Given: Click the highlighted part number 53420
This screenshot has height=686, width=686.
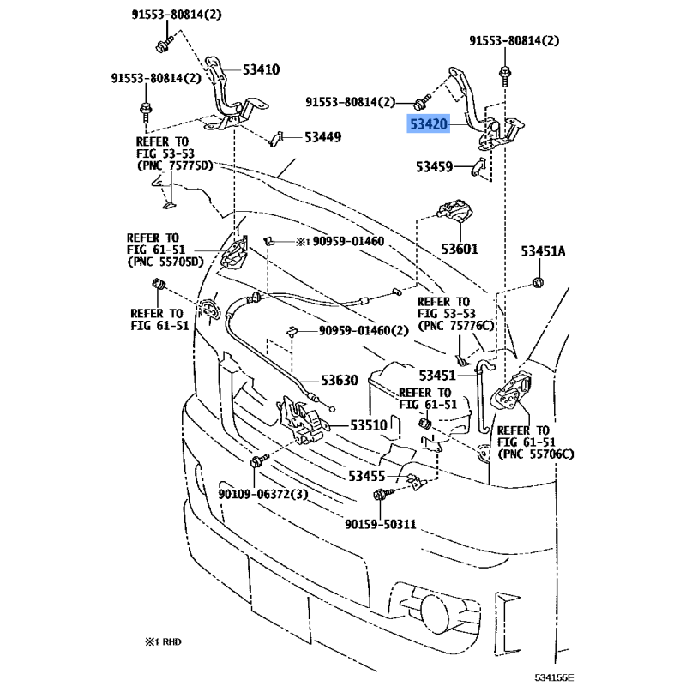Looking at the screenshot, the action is [x=429, y=124].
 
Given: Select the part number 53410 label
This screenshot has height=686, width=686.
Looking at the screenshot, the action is [x=262, y=69].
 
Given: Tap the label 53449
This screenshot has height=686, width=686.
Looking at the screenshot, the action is [x=323, y=137].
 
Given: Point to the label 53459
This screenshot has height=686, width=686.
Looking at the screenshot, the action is [x=434, y=166].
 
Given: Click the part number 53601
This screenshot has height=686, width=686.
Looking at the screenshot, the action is [x=460, y=249].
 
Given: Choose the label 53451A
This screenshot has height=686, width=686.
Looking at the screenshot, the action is [x=543, y=251].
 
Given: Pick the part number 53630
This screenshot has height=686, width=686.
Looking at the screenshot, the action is [x=340, y=380].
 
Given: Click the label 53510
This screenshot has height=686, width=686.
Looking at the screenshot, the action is [x=369, y=425].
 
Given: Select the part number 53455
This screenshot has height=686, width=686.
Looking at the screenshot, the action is [x=367, y=476].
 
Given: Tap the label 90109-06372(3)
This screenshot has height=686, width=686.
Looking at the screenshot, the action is [x=263, y=495].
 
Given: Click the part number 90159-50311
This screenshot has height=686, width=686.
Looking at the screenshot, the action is [x=381, y=524].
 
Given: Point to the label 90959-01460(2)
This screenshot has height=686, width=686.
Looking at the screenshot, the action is [x=364, y=330].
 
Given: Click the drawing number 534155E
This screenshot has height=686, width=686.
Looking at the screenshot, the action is [x=554, y=677].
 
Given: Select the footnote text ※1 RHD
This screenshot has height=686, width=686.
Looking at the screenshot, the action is [x=163, y=641].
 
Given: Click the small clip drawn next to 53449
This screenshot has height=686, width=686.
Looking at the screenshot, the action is [x=275, y=139].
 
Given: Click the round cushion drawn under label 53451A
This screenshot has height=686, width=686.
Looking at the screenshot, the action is [x=539, y=282].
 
